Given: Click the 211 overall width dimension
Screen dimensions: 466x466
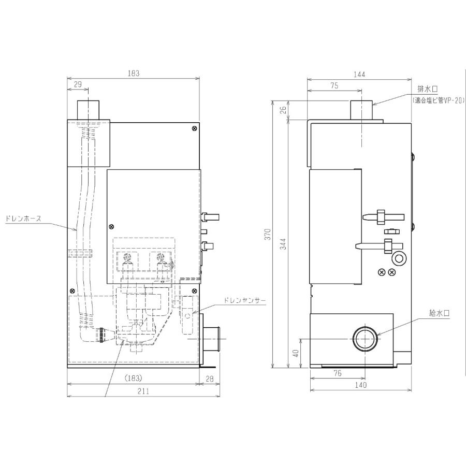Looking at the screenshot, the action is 143,391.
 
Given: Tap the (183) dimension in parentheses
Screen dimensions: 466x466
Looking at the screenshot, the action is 134,378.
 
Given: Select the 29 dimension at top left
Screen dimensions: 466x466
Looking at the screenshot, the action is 78,84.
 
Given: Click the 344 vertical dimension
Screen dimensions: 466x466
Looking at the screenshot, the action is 283,244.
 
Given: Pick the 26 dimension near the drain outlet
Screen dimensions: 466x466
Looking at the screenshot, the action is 283,110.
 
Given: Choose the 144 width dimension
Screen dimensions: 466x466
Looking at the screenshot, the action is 359,74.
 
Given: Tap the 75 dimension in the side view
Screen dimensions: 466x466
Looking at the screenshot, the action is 334,85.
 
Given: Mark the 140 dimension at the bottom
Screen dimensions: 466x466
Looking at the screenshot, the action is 361,385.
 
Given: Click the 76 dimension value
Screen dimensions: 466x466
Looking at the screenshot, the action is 338,373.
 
